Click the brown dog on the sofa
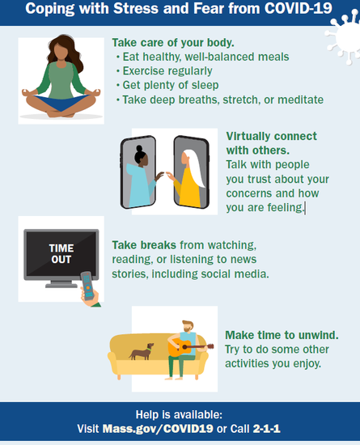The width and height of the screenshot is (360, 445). [142, 352]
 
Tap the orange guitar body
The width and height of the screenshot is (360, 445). [179, 348]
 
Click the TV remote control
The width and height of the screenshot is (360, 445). [87, 286]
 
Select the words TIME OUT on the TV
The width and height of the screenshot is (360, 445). [61, 254]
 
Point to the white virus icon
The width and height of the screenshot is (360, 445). [343, 36]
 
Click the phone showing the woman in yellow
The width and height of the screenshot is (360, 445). [192, 172]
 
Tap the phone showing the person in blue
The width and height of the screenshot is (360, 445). [138, 172]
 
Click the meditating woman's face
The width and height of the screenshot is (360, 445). [61, 52]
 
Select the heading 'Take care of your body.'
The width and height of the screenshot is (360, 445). [173, 43]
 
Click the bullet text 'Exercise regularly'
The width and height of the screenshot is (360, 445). [167, 71]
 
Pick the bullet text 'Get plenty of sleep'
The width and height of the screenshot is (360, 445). [171, 85]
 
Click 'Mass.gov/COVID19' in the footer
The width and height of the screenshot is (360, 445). [158, 429]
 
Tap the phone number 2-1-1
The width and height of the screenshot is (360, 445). [266, 429]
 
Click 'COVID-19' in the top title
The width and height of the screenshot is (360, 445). [299, 9]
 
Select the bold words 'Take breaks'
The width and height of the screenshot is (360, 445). [144, 245]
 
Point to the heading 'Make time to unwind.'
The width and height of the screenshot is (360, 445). [282, 335]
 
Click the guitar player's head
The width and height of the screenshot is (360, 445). [188, 326]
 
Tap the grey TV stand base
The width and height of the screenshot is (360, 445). [61, 286]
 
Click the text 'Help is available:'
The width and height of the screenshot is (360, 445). [179, 414]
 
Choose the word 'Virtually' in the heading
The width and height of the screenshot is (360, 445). [248, 136]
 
